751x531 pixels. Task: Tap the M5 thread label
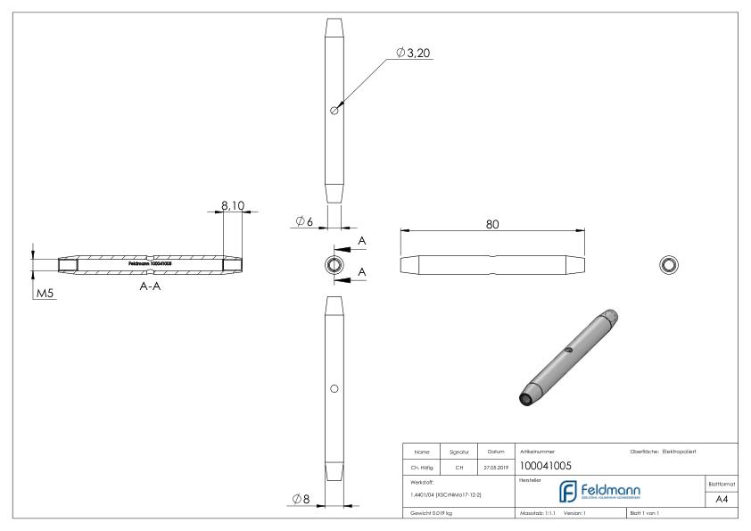pyautogui.click(x=45, y=294)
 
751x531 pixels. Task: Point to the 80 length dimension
pyautogui.click(x=491, y=225)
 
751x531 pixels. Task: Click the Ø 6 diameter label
pyautogui.click(x=303, y=221)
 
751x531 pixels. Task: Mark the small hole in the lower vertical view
pyautogui.click(x=334, y=388)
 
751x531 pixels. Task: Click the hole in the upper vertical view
pyautogui.click(x=334, y=111)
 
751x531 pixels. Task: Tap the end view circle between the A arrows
pyautogui.click(x=334, y=264)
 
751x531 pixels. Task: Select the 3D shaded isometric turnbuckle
pyautogui.click(x=567, y=357)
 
